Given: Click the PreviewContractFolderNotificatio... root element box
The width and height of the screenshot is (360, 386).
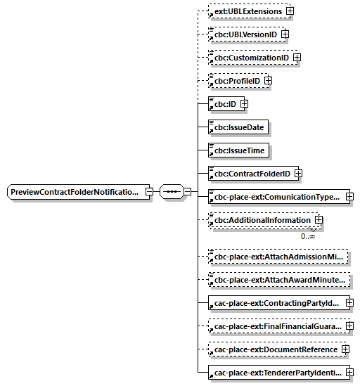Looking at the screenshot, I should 75,192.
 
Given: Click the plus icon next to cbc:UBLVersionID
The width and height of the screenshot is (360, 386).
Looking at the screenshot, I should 285,34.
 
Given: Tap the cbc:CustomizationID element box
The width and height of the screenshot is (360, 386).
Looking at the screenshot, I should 250,58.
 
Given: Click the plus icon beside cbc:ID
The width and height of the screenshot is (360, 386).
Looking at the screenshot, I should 244,104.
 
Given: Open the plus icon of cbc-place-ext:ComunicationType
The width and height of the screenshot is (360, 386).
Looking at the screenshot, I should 349,196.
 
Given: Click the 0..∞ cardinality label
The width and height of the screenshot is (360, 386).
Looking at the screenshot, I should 307,236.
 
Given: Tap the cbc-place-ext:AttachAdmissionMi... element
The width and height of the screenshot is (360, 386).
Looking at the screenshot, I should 278,257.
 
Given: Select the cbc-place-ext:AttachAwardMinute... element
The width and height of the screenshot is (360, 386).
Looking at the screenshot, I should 278,281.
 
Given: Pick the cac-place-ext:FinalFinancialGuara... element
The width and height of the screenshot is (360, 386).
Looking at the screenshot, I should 276,326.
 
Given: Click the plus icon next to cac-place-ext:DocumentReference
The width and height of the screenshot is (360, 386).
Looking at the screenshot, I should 345,349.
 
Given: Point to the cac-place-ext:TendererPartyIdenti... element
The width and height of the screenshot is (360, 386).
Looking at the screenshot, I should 276,372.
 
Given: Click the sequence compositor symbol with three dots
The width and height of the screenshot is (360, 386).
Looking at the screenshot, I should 171,192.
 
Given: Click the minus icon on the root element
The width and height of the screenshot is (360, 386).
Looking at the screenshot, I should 149,192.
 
